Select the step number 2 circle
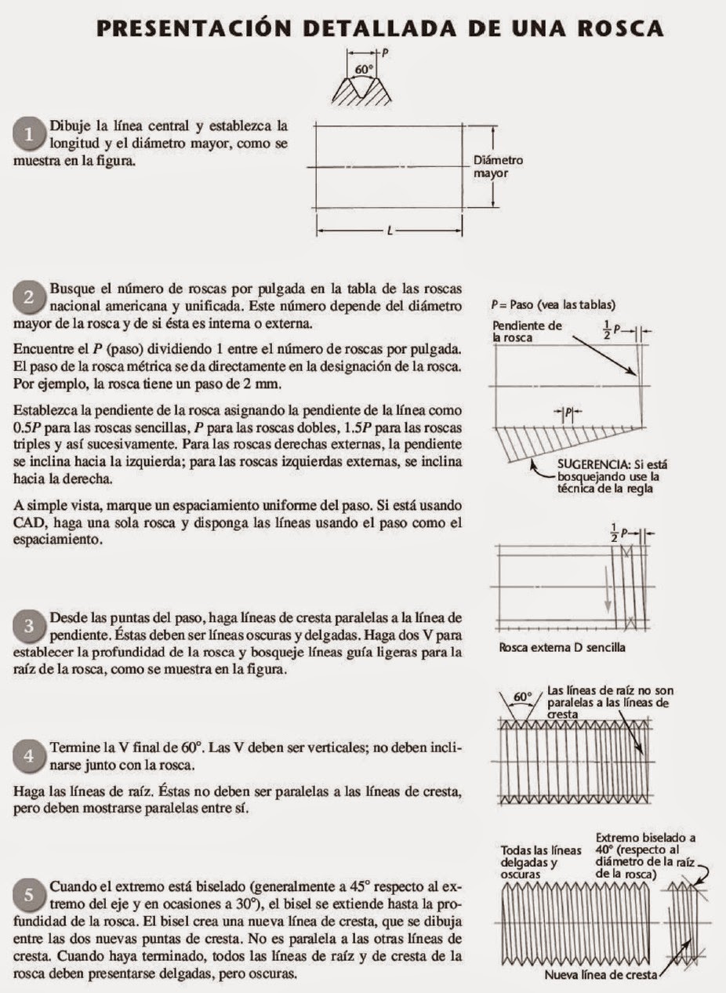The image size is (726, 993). click(x=30, y=297)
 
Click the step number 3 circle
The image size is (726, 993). click(x=30, y=626)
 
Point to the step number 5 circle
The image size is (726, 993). click(x=30, y=895)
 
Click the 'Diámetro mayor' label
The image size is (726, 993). click(x=498, y=166)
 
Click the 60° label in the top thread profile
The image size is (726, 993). click(x=363, y=69)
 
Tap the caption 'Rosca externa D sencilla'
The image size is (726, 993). click(x=561, y=648)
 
